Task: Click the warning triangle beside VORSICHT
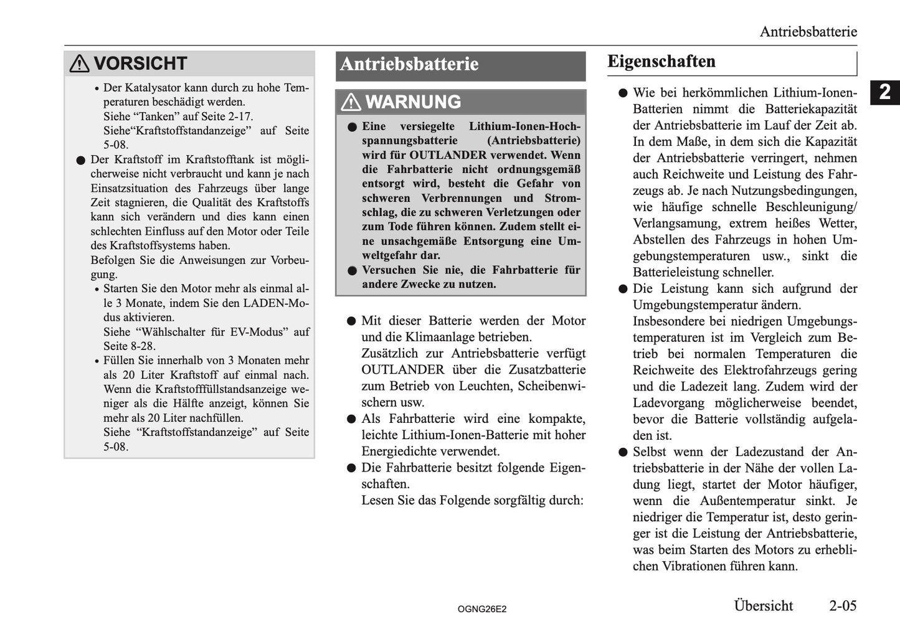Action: (x=79, y=64)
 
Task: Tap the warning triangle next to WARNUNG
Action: (x=351, y=102)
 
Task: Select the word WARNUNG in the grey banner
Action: (x=413, y=102)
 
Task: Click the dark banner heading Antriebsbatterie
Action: (x=409, y=64)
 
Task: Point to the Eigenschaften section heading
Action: (x=661, y=62)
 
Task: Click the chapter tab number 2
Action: (x=884, y=92)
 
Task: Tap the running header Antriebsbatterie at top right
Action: (x=808, y=32)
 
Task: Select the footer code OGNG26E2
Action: (x=481, y=609)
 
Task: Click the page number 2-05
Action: (x=842, y=605)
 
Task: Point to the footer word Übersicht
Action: (x=763, y=605)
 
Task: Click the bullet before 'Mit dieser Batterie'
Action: (x=351, y=321)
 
